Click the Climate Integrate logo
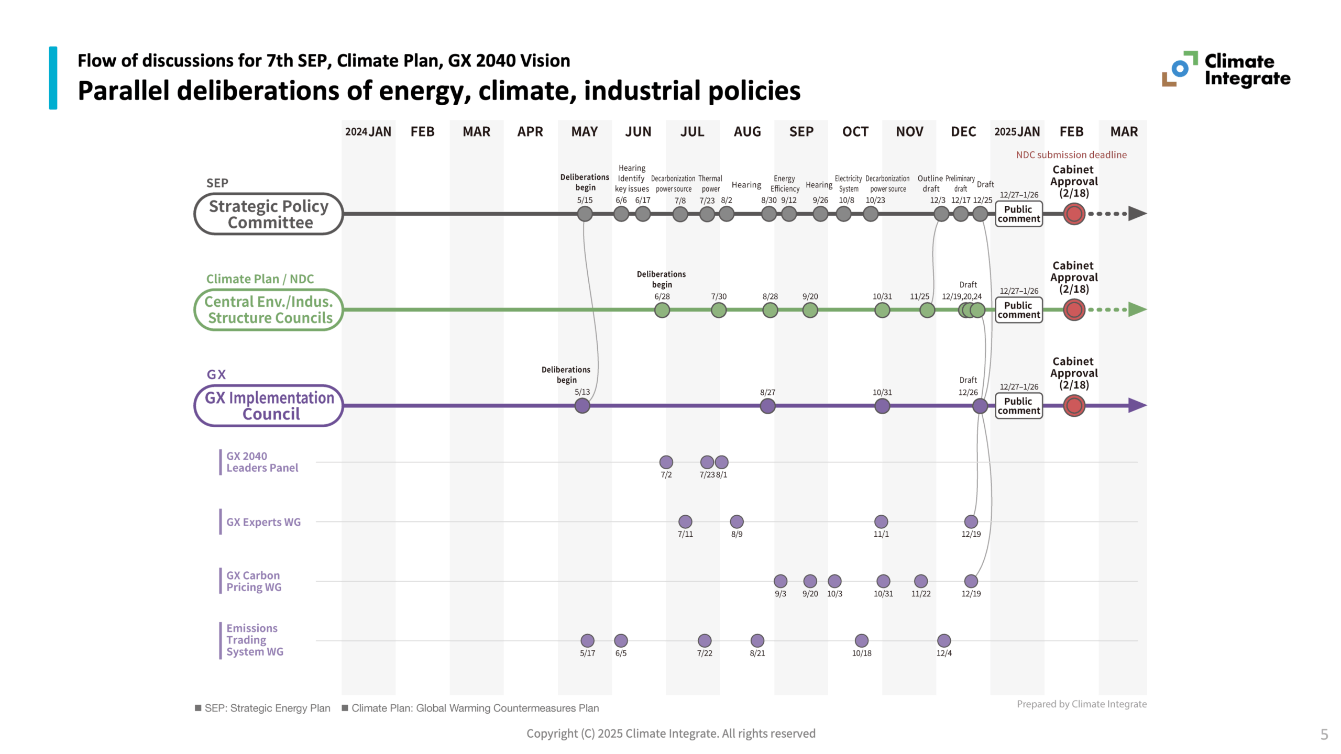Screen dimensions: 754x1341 click(1226, 69)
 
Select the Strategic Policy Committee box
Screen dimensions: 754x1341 click(269, 214)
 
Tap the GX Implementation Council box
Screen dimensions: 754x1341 click(269, 406)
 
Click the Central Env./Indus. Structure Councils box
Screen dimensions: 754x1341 click(269, 309)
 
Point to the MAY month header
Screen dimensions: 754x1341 click(584, 131)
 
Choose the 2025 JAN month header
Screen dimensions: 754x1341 click(1017, 131)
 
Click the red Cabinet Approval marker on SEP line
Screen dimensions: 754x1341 click(1074, 214)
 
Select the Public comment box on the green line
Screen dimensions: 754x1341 click(1018, 310)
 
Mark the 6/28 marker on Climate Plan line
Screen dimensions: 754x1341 click(662, 310)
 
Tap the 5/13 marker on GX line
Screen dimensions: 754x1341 click(582, 406)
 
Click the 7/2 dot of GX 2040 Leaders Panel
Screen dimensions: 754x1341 click(666, 462)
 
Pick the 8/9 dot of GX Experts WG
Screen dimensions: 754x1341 click(737, 522)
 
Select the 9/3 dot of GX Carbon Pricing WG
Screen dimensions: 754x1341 click(781, 581)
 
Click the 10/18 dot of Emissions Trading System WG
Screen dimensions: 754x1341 click(862, 640)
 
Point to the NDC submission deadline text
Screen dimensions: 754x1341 click(1071, 154)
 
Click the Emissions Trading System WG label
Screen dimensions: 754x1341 click(255, 640)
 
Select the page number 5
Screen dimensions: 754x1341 click(1324, 735)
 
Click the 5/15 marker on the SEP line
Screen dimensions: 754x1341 click(585, 214)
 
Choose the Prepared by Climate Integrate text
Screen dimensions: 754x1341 click(1081, 704)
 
